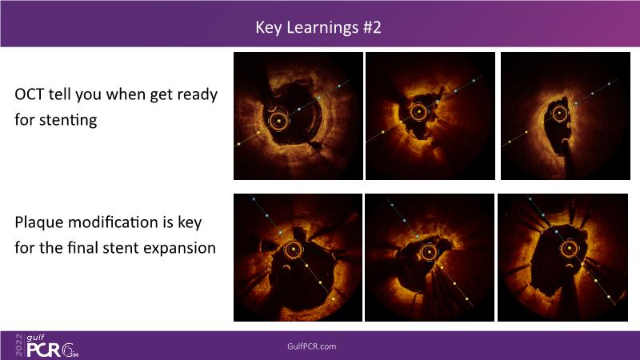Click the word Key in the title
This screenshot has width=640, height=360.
tap(269, 28)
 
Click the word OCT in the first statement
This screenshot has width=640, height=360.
tap(29, 94)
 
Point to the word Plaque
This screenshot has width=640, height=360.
tap(38, 223)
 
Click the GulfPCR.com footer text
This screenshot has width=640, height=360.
tap(312, 346)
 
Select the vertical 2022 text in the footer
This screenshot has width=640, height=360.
tap(19, 345)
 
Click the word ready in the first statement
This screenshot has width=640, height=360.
tap(198, 95)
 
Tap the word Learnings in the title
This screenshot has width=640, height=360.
tap(322, 28)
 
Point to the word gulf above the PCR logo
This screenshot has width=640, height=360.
tap(35, 338)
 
